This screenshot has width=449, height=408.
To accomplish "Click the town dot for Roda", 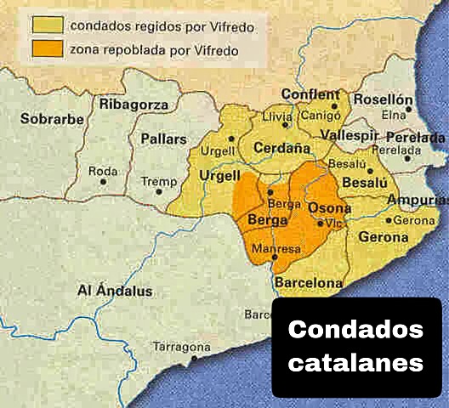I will (103, 181).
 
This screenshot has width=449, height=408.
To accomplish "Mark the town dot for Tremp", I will (159, 191).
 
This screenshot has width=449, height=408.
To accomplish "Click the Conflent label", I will (310, 94).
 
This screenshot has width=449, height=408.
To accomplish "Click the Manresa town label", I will (280, 249).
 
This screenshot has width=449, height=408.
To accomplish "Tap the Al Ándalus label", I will (115, 290).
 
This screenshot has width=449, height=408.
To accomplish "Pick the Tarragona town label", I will (180, 347).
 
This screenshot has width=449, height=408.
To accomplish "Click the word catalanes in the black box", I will (355, 362).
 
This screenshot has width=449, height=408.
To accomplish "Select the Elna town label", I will (393, 115).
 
